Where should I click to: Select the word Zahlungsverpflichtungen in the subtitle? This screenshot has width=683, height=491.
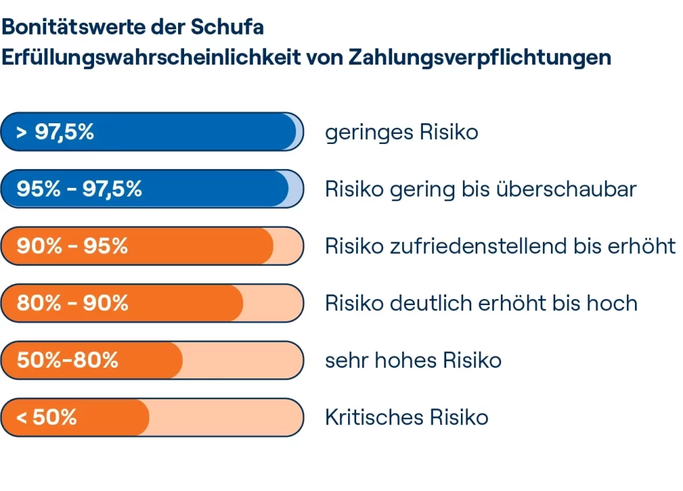[x=480, y=57]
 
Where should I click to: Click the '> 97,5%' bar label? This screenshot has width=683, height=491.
[x=55, y=132]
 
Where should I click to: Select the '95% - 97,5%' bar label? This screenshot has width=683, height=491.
[x=79, y=189]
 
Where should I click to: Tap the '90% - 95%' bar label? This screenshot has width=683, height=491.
[x=72, y=246]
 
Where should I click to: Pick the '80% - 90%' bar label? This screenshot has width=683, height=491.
[x=72, y=304]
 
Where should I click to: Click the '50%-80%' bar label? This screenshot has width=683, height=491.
[x=67, y=360]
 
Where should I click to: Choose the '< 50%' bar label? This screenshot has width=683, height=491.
[x=47, y=418]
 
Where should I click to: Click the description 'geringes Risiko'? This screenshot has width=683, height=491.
[x=402, y=133]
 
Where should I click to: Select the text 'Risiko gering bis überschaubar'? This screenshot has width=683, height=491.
[x=481, y=190]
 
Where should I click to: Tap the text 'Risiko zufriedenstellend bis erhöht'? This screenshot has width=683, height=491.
[x=500, y=246]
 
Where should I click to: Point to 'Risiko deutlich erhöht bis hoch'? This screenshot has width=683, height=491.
[x=481, y=304]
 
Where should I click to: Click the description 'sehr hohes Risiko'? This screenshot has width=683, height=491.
[x=413, y=360]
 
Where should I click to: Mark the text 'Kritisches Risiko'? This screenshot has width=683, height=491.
[x=406, y=418]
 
